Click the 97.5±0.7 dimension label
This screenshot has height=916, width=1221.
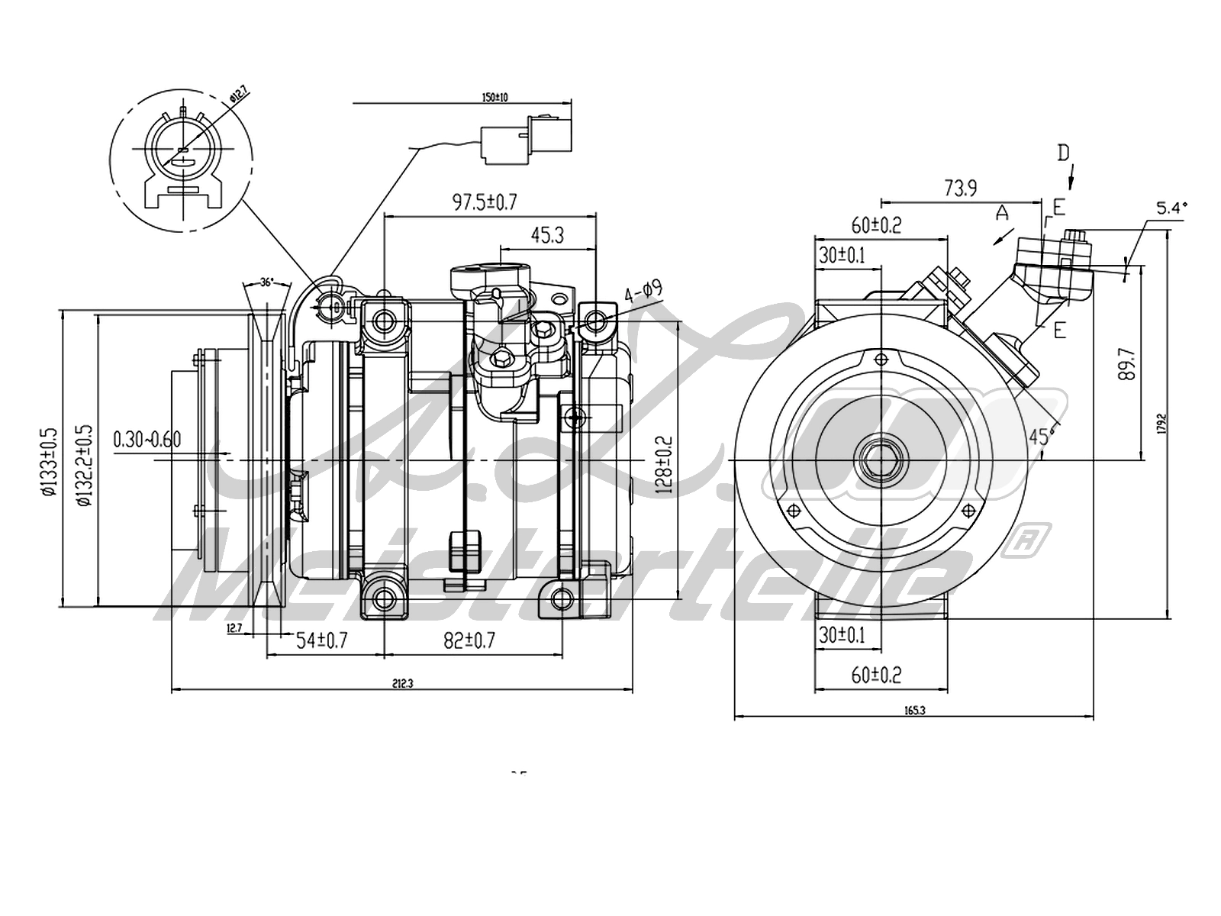(x=485, y=202)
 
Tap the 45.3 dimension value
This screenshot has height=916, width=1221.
(x=547, y=235)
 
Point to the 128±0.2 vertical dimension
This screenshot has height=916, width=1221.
(x=664, y=466)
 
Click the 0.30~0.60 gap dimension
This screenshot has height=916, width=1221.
(x=147, y=439)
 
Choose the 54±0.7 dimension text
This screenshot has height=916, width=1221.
(x=322, y=640)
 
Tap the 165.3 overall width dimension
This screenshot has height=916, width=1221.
(x=914, y=710)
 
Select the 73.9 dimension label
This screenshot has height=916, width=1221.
(x=960, y=188)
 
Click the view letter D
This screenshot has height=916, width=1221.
(x=1064, y=153)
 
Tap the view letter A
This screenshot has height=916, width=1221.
(x=1003, y=213)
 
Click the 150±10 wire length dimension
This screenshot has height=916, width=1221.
(x=495, y=97)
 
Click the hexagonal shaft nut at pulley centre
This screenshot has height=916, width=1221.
(x=881, y=461)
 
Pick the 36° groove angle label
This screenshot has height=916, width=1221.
(x=266, y=282)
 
